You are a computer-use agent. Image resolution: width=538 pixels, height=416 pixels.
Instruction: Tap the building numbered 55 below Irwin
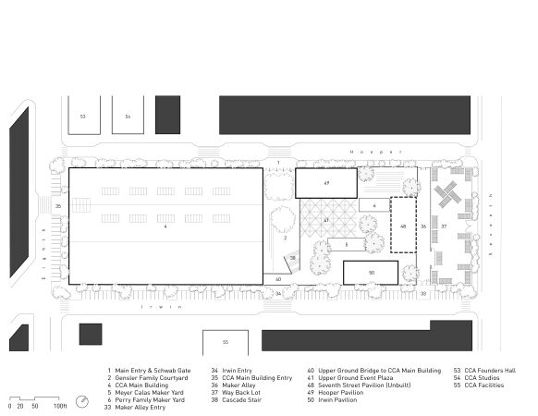225,342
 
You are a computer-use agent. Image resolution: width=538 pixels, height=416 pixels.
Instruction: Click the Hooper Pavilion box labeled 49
325,183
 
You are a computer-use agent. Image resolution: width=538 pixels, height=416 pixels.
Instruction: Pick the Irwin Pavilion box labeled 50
370,272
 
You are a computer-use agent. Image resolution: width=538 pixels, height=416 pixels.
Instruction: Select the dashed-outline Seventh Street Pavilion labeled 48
402,225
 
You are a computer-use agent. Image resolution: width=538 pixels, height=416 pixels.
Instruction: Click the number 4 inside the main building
165,226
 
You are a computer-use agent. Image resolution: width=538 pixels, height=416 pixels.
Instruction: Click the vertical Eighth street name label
44,242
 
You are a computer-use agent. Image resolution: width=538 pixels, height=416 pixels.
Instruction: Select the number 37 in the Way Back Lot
444,226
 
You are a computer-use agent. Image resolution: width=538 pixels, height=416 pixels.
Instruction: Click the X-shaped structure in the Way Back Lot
449,194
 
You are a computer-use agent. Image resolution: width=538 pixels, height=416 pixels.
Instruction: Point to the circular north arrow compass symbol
83,401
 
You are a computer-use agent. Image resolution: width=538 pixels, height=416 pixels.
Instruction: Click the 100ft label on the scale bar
60,405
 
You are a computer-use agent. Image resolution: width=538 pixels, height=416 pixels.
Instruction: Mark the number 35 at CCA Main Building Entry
57,205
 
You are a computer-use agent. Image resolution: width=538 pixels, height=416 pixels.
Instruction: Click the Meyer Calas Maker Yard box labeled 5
346,245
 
